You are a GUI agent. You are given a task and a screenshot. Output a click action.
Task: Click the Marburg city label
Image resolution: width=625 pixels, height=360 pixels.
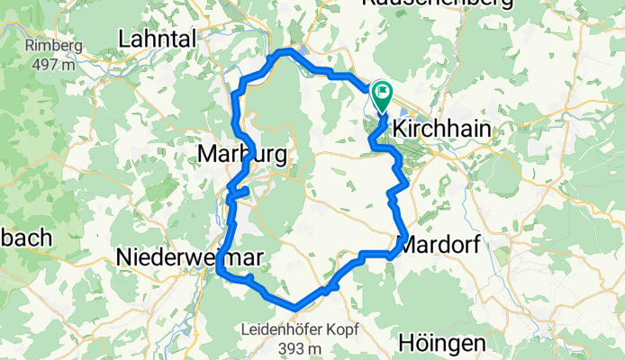coord(242,156)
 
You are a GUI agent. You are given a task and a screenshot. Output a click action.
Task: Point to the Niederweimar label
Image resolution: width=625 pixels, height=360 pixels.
coord(190,258)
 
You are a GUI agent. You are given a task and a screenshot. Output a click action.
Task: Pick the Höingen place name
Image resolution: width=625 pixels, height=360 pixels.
coord(442,343)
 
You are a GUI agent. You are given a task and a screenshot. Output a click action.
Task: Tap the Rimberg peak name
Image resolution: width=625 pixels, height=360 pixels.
coord(54,47)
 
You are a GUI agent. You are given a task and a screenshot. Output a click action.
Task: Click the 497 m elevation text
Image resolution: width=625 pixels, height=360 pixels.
coord(54,64)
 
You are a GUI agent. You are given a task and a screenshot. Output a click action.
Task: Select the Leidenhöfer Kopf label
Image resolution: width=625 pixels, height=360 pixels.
coord(296,330)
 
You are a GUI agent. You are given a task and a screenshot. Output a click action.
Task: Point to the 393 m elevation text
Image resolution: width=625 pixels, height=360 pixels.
coord(296,347)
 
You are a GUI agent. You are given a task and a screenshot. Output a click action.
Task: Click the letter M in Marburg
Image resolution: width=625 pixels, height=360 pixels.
coord(206,156)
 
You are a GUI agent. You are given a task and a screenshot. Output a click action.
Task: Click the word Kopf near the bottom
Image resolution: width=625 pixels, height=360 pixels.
coord(333,330)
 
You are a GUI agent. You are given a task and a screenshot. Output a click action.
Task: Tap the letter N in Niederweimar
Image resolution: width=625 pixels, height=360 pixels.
coord(124,258)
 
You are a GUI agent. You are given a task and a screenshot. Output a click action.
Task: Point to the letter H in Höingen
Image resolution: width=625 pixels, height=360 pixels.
coord(405,343)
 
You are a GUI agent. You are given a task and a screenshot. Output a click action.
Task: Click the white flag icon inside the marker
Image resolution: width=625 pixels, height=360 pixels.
coord(384,90)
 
